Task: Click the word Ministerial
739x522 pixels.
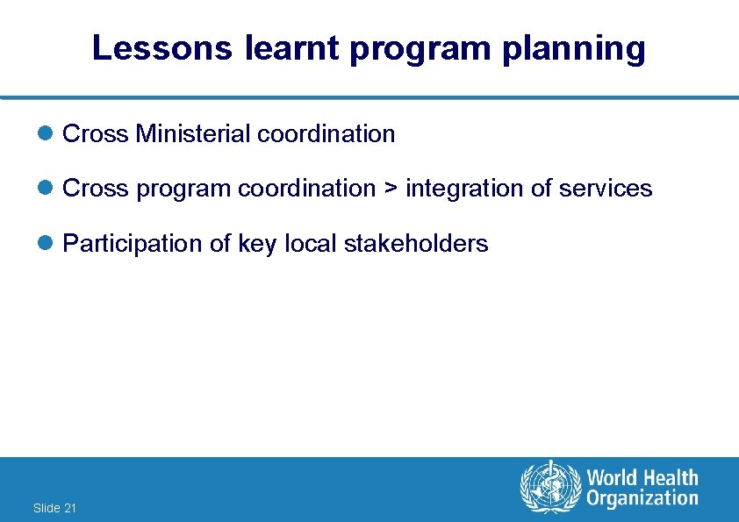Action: tap(191, 134)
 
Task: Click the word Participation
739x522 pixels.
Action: tap(133, 244)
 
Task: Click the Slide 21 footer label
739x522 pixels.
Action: tap(54, 508)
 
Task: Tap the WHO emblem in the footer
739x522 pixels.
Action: tap(550, 489)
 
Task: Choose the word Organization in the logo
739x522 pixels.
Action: tap(642, 499)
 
